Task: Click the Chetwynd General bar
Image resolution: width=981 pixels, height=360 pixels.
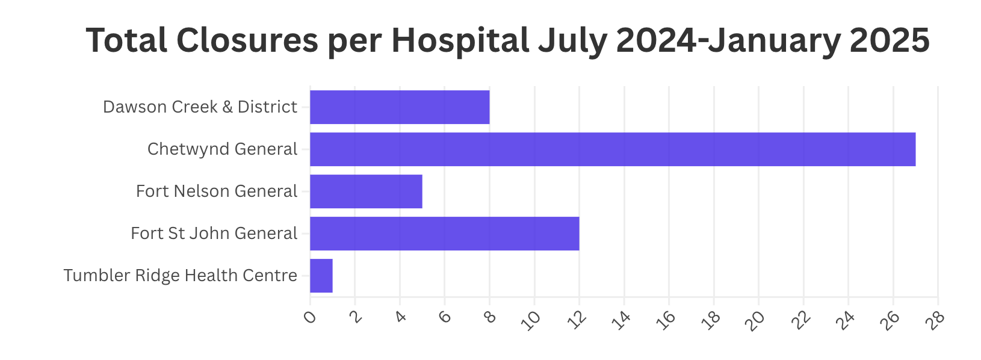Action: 613,149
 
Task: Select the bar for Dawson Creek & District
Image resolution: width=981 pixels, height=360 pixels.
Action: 400,107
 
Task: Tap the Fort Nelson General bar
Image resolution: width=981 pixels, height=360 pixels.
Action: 366,191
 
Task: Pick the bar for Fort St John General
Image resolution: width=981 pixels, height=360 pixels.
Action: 444,234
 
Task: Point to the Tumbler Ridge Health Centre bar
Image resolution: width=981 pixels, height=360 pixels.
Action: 321,276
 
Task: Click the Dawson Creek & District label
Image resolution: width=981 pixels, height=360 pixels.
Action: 200,107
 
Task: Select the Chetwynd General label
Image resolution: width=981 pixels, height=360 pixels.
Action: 222,149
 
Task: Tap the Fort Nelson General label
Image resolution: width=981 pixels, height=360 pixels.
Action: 217,191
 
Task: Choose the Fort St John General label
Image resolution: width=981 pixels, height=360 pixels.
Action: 214,234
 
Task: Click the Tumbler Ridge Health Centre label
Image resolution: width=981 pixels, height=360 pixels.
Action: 180,276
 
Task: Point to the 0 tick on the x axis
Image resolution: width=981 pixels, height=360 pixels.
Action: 310,317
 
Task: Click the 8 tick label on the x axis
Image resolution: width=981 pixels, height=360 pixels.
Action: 489,317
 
